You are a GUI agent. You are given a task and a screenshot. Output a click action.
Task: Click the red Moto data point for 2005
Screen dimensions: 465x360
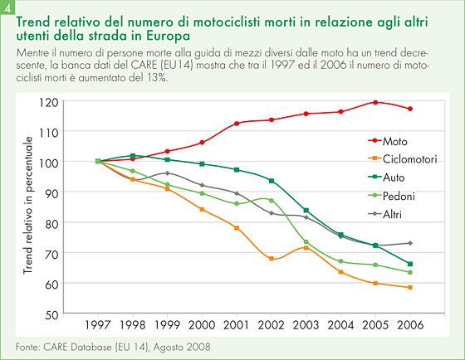click(x=375, y=103)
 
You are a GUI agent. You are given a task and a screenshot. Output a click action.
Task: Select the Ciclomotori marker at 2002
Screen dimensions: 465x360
click(x=272, y=258)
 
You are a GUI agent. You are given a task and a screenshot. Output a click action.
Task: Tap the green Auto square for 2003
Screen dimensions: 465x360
click(x=306, y=211)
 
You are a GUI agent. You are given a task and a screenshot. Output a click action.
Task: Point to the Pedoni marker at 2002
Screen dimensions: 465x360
click(x=272, y=201)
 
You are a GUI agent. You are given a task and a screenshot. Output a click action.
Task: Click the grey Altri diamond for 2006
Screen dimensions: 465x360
click(x=410, y=243)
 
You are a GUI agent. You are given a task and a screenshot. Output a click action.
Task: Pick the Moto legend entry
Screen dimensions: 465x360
click(x=388, y=141)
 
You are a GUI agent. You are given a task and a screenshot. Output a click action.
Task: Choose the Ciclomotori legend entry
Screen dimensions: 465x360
click(x=403, y=159)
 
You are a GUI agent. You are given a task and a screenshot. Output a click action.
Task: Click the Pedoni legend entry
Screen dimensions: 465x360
click(x=391, y=196)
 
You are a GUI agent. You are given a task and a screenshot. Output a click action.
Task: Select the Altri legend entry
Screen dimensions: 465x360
click(x=385, y=214)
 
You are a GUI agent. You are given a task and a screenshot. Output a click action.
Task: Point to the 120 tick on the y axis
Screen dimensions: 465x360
click(x=49, y=102)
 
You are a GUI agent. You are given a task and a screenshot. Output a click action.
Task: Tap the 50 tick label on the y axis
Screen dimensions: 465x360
click(x=51, y=314)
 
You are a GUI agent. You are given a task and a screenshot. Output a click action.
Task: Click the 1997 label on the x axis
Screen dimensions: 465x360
click(x=98, y=325)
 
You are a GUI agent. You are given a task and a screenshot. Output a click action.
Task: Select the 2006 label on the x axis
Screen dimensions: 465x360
click(x=410, y=325)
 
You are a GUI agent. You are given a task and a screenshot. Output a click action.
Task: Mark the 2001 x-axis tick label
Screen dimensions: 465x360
click(x=237, y=325)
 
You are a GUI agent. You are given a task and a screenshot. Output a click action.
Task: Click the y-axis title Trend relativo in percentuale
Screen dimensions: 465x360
click(x=27, y=205)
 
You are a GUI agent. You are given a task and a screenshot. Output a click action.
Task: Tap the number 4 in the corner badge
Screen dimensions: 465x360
click(x=7, y=8)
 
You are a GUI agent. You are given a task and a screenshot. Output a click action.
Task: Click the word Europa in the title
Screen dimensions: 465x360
click(x=168, y=36)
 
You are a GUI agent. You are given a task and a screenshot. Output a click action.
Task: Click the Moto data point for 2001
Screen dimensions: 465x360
click(x=237, y=124)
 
